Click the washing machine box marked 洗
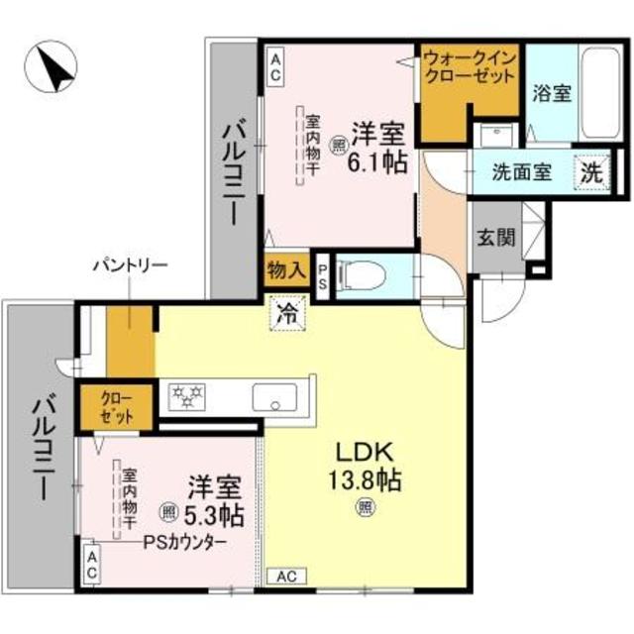[x=591, y=170]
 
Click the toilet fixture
[x=363, y=274]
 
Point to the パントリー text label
[x=130, y=265]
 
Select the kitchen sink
[x=275, y=397]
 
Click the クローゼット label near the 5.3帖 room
[x=117, y=406]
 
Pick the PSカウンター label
[x=183, y=542]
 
